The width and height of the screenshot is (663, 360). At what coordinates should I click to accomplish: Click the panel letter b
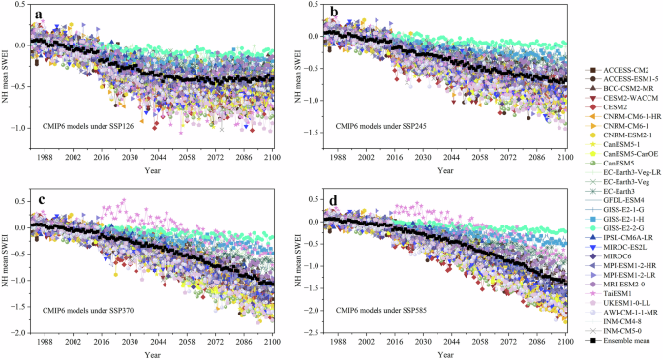(x=334, y=15)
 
